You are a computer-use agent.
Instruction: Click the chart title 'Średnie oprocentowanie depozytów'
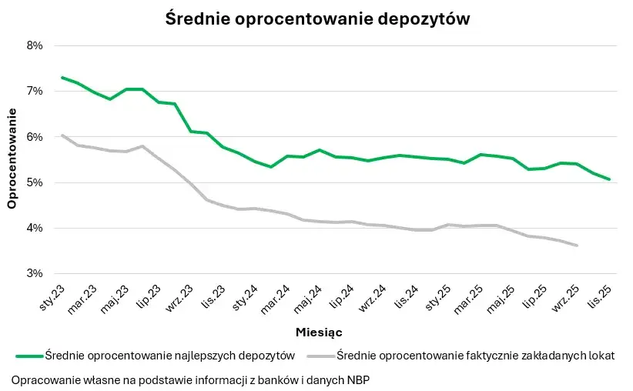tap(317, 19)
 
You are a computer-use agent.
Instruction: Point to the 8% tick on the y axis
tap(34, 45)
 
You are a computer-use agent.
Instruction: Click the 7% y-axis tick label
tap(34, 91)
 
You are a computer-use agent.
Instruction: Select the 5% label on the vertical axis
tap(34, 182)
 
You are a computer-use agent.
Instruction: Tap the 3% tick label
tap(34, 273)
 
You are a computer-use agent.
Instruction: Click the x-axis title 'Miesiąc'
tap(319, 333)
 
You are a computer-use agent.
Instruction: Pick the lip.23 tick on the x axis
tap(149, 296)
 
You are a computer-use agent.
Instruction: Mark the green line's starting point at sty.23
tap(62, 78)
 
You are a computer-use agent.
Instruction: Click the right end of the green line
tap(609, 179)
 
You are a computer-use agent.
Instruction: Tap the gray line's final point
tap(577, 246)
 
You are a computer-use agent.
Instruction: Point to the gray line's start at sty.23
tap(62, 135)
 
